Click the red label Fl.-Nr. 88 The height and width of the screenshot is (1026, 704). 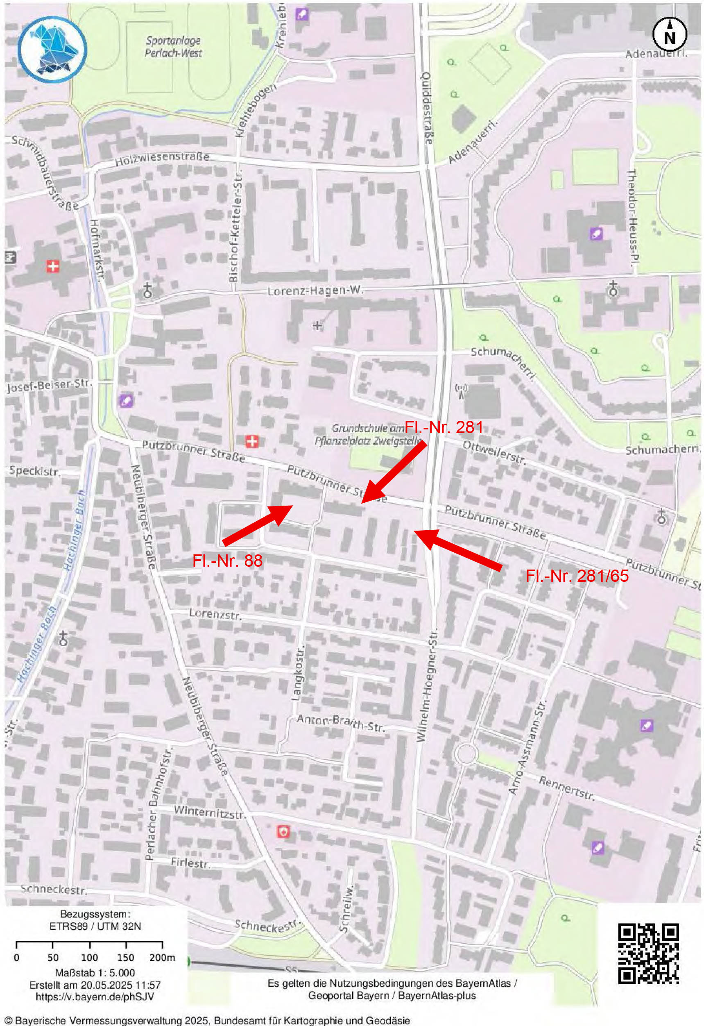pos(227,561)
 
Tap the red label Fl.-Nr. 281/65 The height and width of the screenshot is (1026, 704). pos(577,576)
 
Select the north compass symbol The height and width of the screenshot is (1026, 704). pos(669,34)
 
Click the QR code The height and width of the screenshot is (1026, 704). pos(647,954)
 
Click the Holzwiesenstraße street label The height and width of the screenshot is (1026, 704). pos(162,159)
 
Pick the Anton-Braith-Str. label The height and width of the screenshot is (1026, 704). pos(341,723)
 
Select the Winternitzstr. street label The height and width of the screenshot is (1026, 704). pos(209,811)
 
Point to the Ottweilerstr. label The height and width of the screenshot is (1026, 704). pos(494,452)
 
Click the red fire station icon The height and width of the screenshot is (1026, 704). pos(283,832)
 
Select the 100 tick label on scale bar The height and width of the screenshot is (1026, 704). pos(89,957)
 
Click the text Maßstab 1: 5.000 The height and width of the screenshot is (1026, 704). pos(95,973)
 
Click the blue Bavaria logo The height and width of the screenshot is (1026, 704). pos(52,50)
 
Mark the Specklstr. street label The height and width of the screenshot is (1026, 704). pos(34,471)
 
